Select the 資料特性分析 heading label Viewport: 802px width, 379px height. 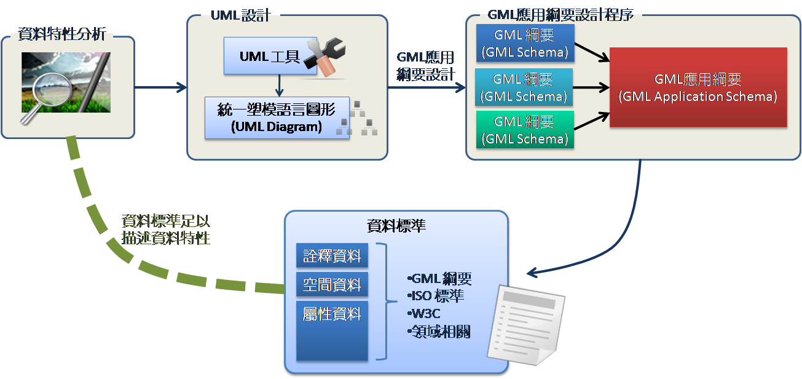click(62, 33)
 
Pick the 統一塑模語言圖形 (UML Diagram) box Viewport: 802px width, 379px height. click(277, 118)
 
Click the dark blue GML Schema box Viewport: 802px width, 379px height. click(524, 43)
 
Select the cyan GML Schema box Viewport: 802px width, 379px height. click(524, 87)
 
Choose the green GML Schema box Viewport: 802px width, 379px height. click(524, 130)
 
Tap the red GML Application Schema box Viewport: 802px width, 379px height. click(698, 87)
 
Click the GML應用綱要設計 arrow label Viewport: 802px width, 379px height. click(425, 66)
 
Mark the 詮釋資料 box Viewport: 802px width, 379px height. click(332, 255)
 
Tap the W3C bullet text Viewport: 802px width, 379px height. click(424, 314)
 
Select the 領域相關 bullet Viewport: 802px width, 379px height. click(439, 332)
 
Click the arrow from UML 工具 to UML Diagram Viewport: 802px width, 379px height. click(280, 85)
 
